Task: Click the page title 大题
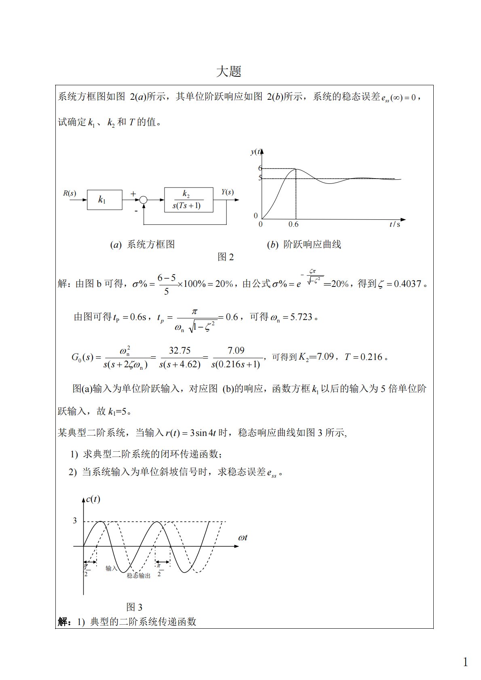click(x=229, y=72)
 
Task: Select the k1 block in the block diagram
click(x=104, y=200)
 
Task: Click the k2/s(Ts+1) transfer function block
click(x=188, y=200)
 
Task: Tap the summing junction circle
click(x=143, y=200)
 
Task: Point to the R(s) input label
click(x=69, y=193)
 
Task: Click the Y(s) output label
click(x=227, y=192)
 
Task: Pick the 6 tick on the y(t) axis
click(x=260, y=168)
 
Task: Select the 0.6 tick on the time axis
click(x=293, y=225)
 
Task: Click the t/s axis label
click(x=395, y=225)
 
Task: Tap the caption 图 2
click(x=226, y=257)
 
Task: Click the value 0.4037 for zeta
click(x=407, y=284)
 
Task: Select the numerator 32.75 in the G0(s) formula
click(x=180, y=351)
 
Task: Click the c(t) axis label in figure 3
click(x=93, y=499)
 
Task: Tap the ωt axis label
click(x=243, y=538)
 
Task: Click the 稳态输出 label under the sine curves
click(x=139, y=576)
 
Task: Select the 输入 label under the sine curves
click(x=111, y=568)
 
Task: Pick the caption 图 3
click(x=134, y=607)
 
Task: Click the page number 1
click(x=465, y=662)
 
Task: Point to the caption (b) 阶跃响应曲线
click(x=304, y=244)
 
